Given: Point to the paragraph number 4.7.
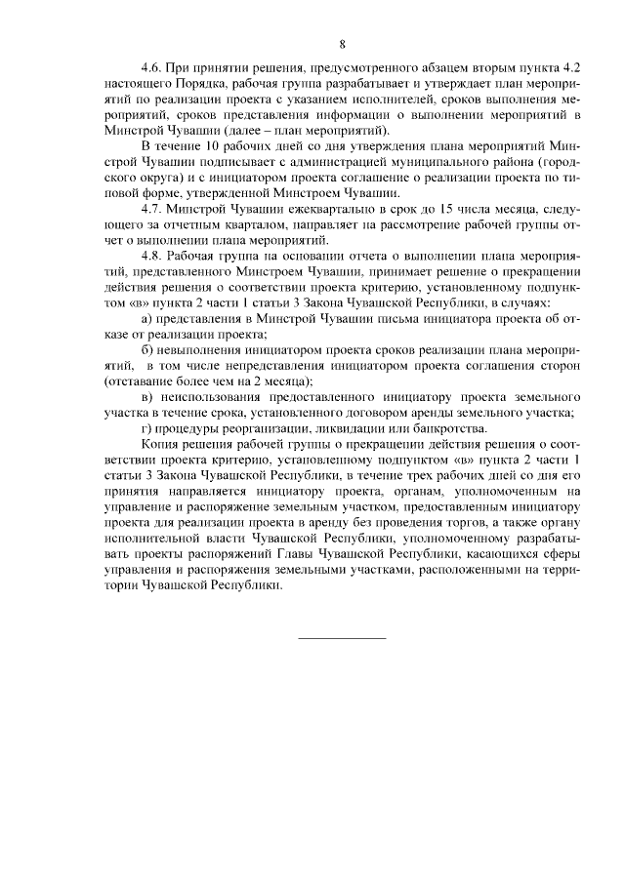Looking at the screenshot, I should tap(150, 210).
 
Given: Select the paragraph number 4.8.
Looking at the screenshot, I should tap(150, 256).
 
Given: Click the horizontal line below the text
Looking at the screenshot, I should tap(341, 637).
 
